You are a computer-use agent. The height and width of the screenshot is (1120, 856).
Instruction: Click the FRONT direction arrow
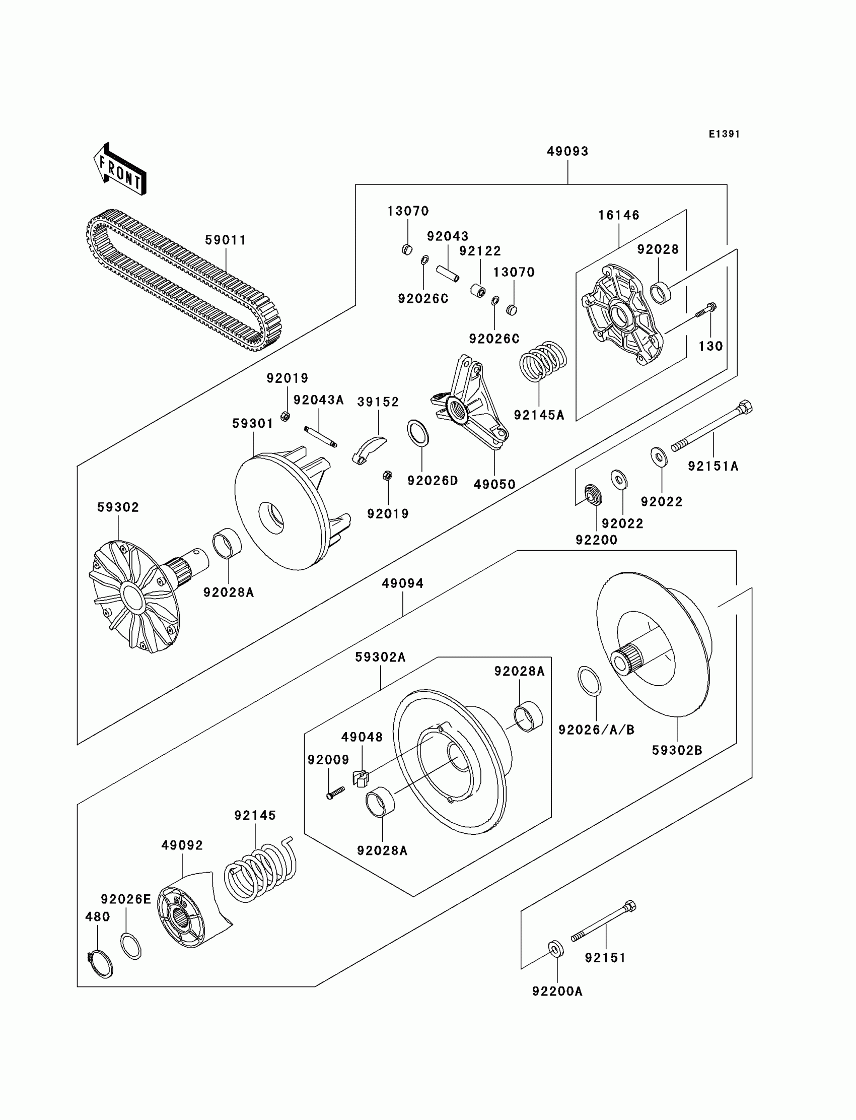tap(120, 169)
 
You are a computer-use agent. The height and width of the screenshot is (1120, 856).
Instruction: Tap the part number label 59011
tap(225, 240)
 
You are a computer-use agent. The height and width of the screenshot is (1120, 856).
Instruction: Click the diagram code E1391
tap(724, 134)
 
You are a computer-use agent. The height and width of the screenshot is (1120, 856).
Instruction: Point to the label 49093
tap(567, 152)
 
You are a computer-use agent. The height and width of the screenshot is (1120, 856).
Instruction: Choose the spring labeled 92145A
tap(542, 360)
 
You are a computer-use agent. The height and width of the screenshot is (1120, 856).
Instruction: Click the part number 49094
tap(402, 583)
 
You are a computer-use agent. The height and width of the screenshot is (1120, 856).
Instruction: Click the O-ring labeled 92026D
tap(418, 433)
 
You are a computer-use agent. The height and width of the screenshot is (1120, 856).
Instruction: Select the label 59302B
tap(677, 750)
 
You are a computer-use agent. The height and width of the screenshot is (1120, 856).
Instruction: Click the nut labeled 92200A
tap(556, 948)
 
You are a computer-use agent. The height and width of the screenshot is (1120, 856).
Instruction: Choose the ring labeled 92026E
tap(131, 946)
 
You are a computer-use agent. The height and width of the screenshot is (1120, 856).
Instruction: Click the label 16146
tap(618, 216)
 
